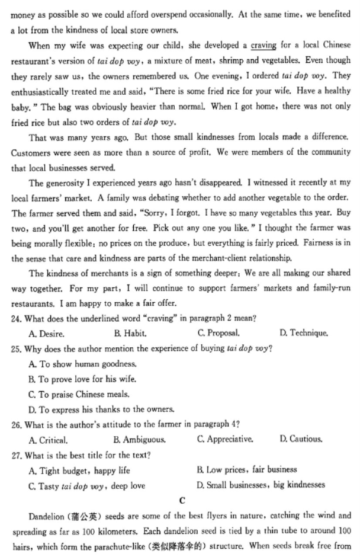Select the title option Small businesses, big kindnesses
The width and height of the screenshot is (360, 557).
[261, 485]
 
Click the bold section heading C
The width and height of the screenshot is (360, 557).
[182, 501]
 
